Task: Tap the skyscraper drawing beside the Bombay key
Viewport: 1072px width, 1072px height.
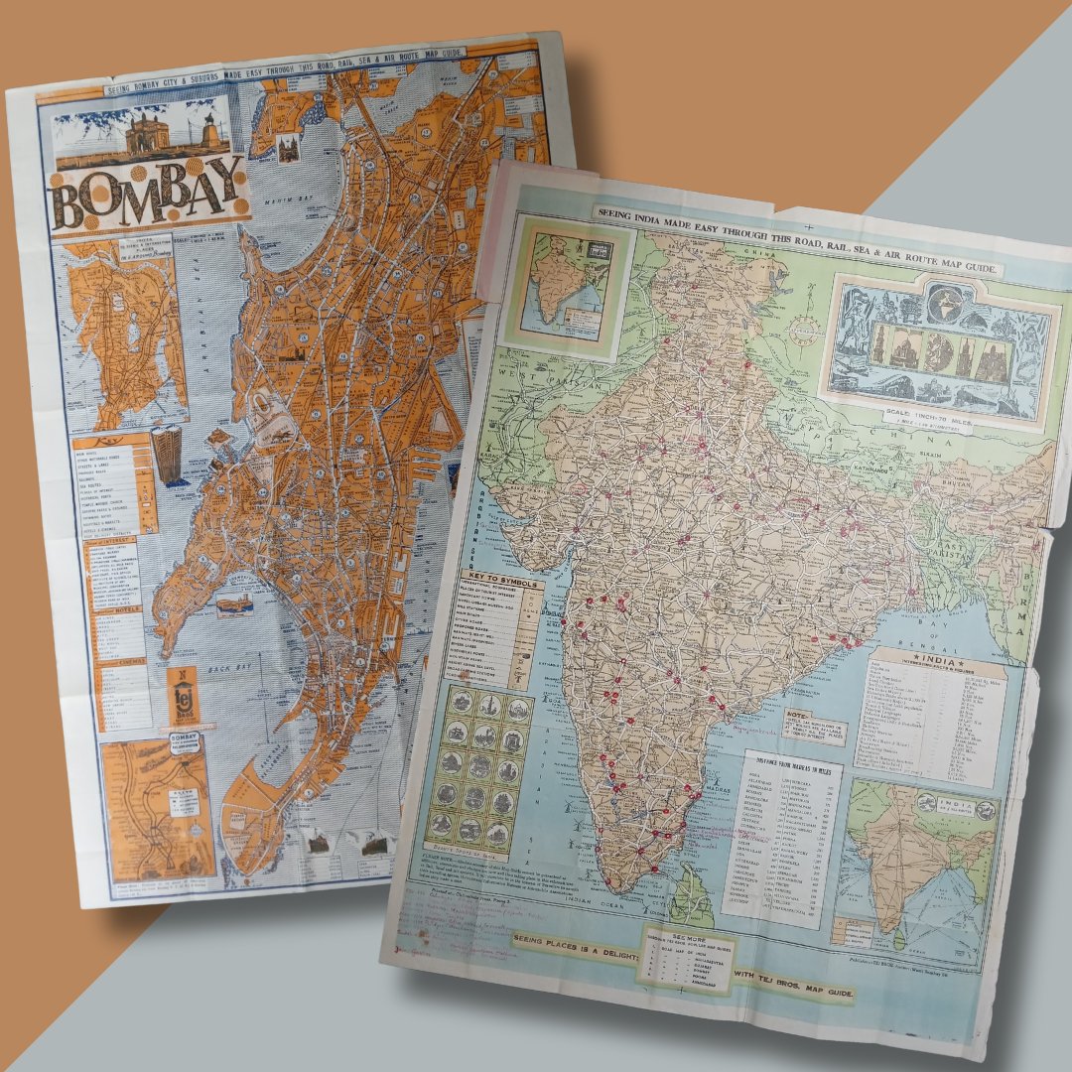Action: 166,462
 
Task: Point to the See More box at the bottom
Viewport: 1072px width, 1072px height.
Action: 680,959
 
